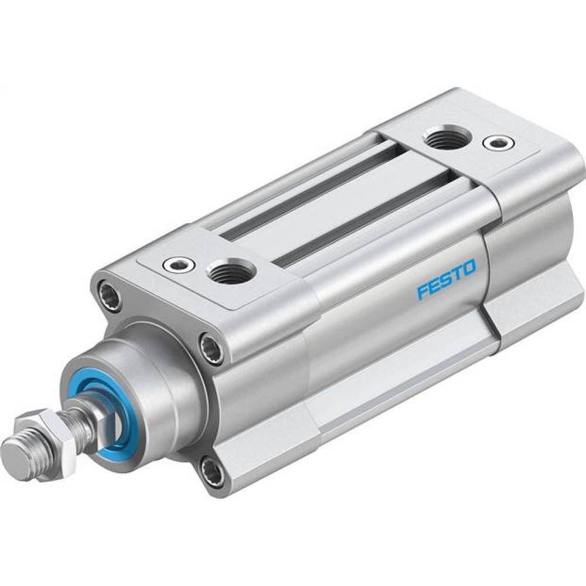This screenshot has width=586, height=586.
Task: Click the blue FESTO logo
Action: pyautogui.click(x=446, y=277)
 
